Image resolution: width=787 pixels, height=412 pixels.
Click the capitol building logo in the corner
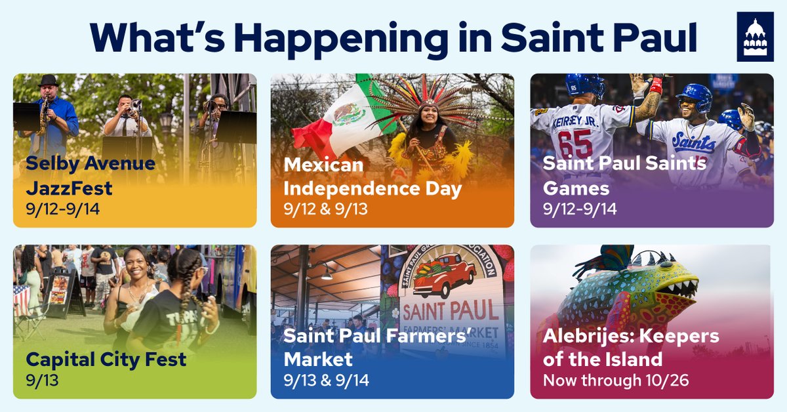(x=755, y=37)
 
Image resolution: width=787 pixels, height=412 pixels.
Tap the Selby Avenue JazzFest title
(x=91, y=176)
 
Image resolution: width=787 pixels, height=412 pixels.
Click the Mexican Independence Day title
(x=373, y=177)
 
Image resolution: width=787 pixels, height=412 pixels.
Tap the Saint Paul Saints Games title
(x=624, y=176)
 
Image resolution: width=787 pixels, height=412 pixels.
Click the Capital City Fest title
(x=106, y=360)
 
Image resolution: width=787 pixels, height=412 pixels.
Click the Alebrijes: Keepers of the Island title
(x=631, y=348)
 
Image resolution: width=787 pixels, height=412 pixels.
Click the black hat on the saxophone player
(x=48, y=81)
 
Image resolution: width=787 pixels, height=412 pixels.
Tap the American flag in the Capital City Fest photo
(x=21, y=299)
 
